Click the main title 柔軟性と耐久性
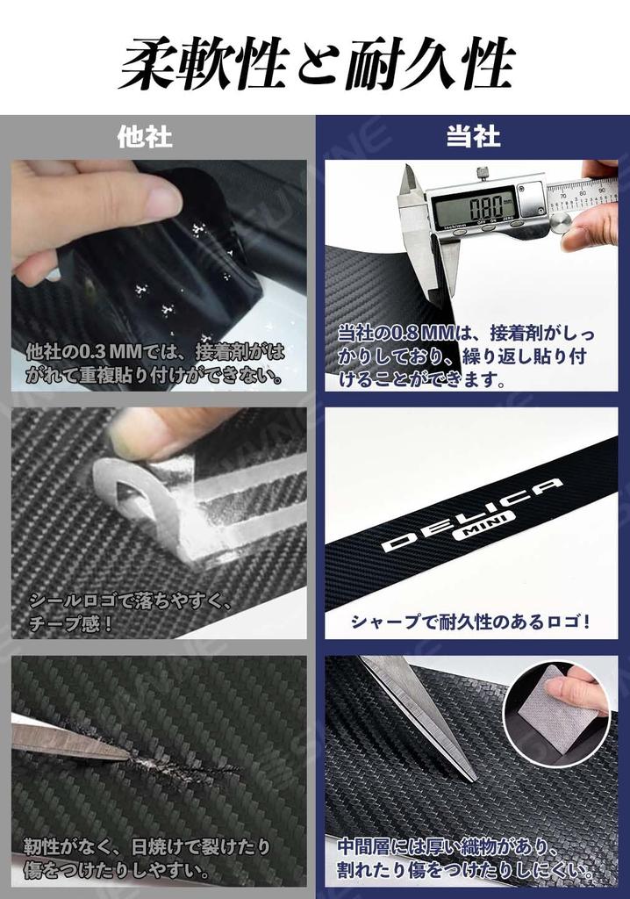coord(315,63)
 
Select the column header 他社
coord(145,136)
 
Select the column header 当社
coord(473,136)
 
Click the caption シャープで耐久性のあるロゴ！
coord(470,622)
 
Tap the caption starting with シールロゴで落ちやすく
coord(132,612)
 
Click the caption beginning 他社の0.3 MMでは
coord(156,363)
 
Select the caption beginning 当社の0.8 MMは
coord(465,356)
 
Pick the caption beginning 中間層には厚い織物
coord(465,859)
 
